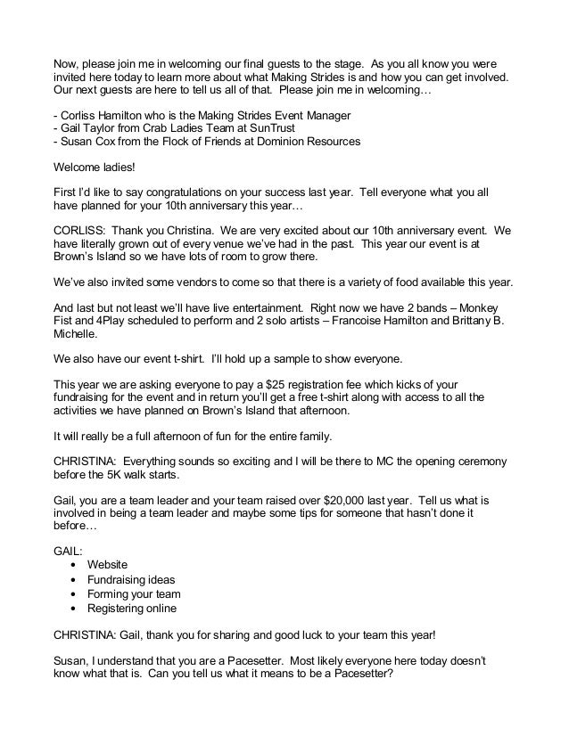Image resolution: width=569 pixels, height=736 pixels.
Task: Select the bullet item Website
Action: (x=107, y=565)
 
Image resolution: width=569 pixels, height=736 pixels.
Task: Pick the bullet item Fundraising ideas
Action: (x=131, y=580)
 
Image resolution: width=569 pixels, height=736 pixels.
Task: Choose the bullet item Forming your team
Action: (x=134, y=594)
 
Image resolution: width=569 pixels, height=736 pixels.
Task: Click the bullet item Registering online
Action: (x=132, y=609)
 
